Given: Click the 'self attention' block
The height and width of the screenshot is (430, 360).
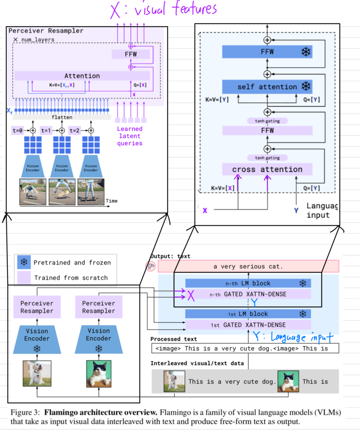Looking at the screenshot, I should (267, 87).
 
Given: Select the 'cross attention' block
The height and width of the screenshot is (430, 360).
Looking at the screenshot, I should (267, 170).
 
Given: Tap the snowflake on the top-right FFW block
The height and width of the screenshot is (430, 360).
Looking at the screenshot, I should (306, 52).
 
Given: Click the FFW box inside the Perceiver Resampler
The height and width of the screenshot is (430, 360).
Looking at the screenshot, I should (131, 54).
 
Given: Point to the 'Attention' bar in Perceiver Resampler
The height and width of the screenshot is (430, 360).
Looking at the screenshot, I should (82, 76).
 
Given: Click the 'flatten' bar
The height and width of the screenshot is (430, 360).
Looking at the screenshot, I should (62, 117).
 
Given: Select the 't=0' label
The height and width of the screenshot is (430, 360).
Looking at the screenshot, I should (18, 130).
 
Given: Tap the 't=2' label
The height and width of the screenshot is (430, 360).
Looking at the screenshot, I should (74, 130).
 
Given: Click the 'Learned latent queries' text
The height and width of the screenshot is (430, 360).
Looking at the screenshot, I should (130, 136).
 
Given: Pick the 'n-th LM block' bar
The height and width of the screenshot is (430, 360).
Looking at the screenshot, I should (248, 283).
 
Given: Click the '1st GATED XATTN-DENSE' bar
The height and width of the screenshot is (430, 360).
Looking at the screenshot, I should (248, 325).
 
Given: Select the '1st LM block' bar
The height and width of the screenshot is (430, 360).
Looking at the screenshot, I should (248, 314).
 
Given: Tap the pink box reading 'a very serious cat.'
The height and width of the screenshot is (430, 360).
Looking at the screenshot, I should (248, 266).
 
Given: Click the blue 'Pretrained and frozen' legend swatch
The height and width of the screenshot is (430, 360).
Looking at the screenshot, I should (24, 263).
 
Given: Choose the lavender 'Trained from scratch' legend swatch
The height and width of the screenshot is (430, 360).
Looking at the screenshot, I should (24, 278).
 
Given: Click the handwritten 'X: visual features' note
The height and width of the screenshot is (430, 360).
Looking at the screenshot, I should (163, 10).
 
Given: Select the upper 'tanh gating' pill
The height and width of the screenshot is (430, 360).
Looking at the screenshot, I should (267, 121).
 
